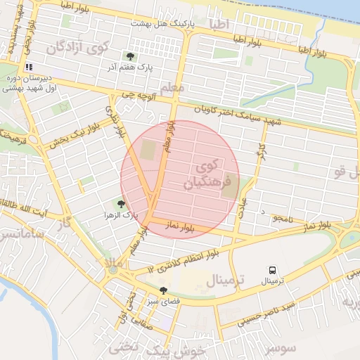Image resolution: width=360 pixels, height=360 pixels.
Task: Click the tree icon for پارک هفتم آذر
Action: [x=129, y=56]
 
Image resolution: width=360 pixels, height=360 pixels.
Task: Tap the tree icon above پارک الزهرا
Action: [x=121, y=204]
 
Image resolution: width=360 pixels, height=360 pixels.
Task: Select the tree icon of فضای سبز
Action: [x=164, y=290]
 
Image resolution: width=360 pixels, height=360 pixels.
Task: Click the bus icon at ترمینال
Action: [x=272, y=269]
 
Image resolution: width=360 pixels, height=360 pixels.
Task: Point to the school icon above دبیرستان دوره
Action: [x=29, y=67]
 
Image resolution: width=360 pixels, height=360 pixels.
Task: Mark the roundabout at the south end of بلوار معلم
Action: [x=112, y=269]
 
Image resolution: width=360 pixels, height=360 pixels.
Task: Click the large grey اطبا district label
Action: [x=219, y=25]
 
